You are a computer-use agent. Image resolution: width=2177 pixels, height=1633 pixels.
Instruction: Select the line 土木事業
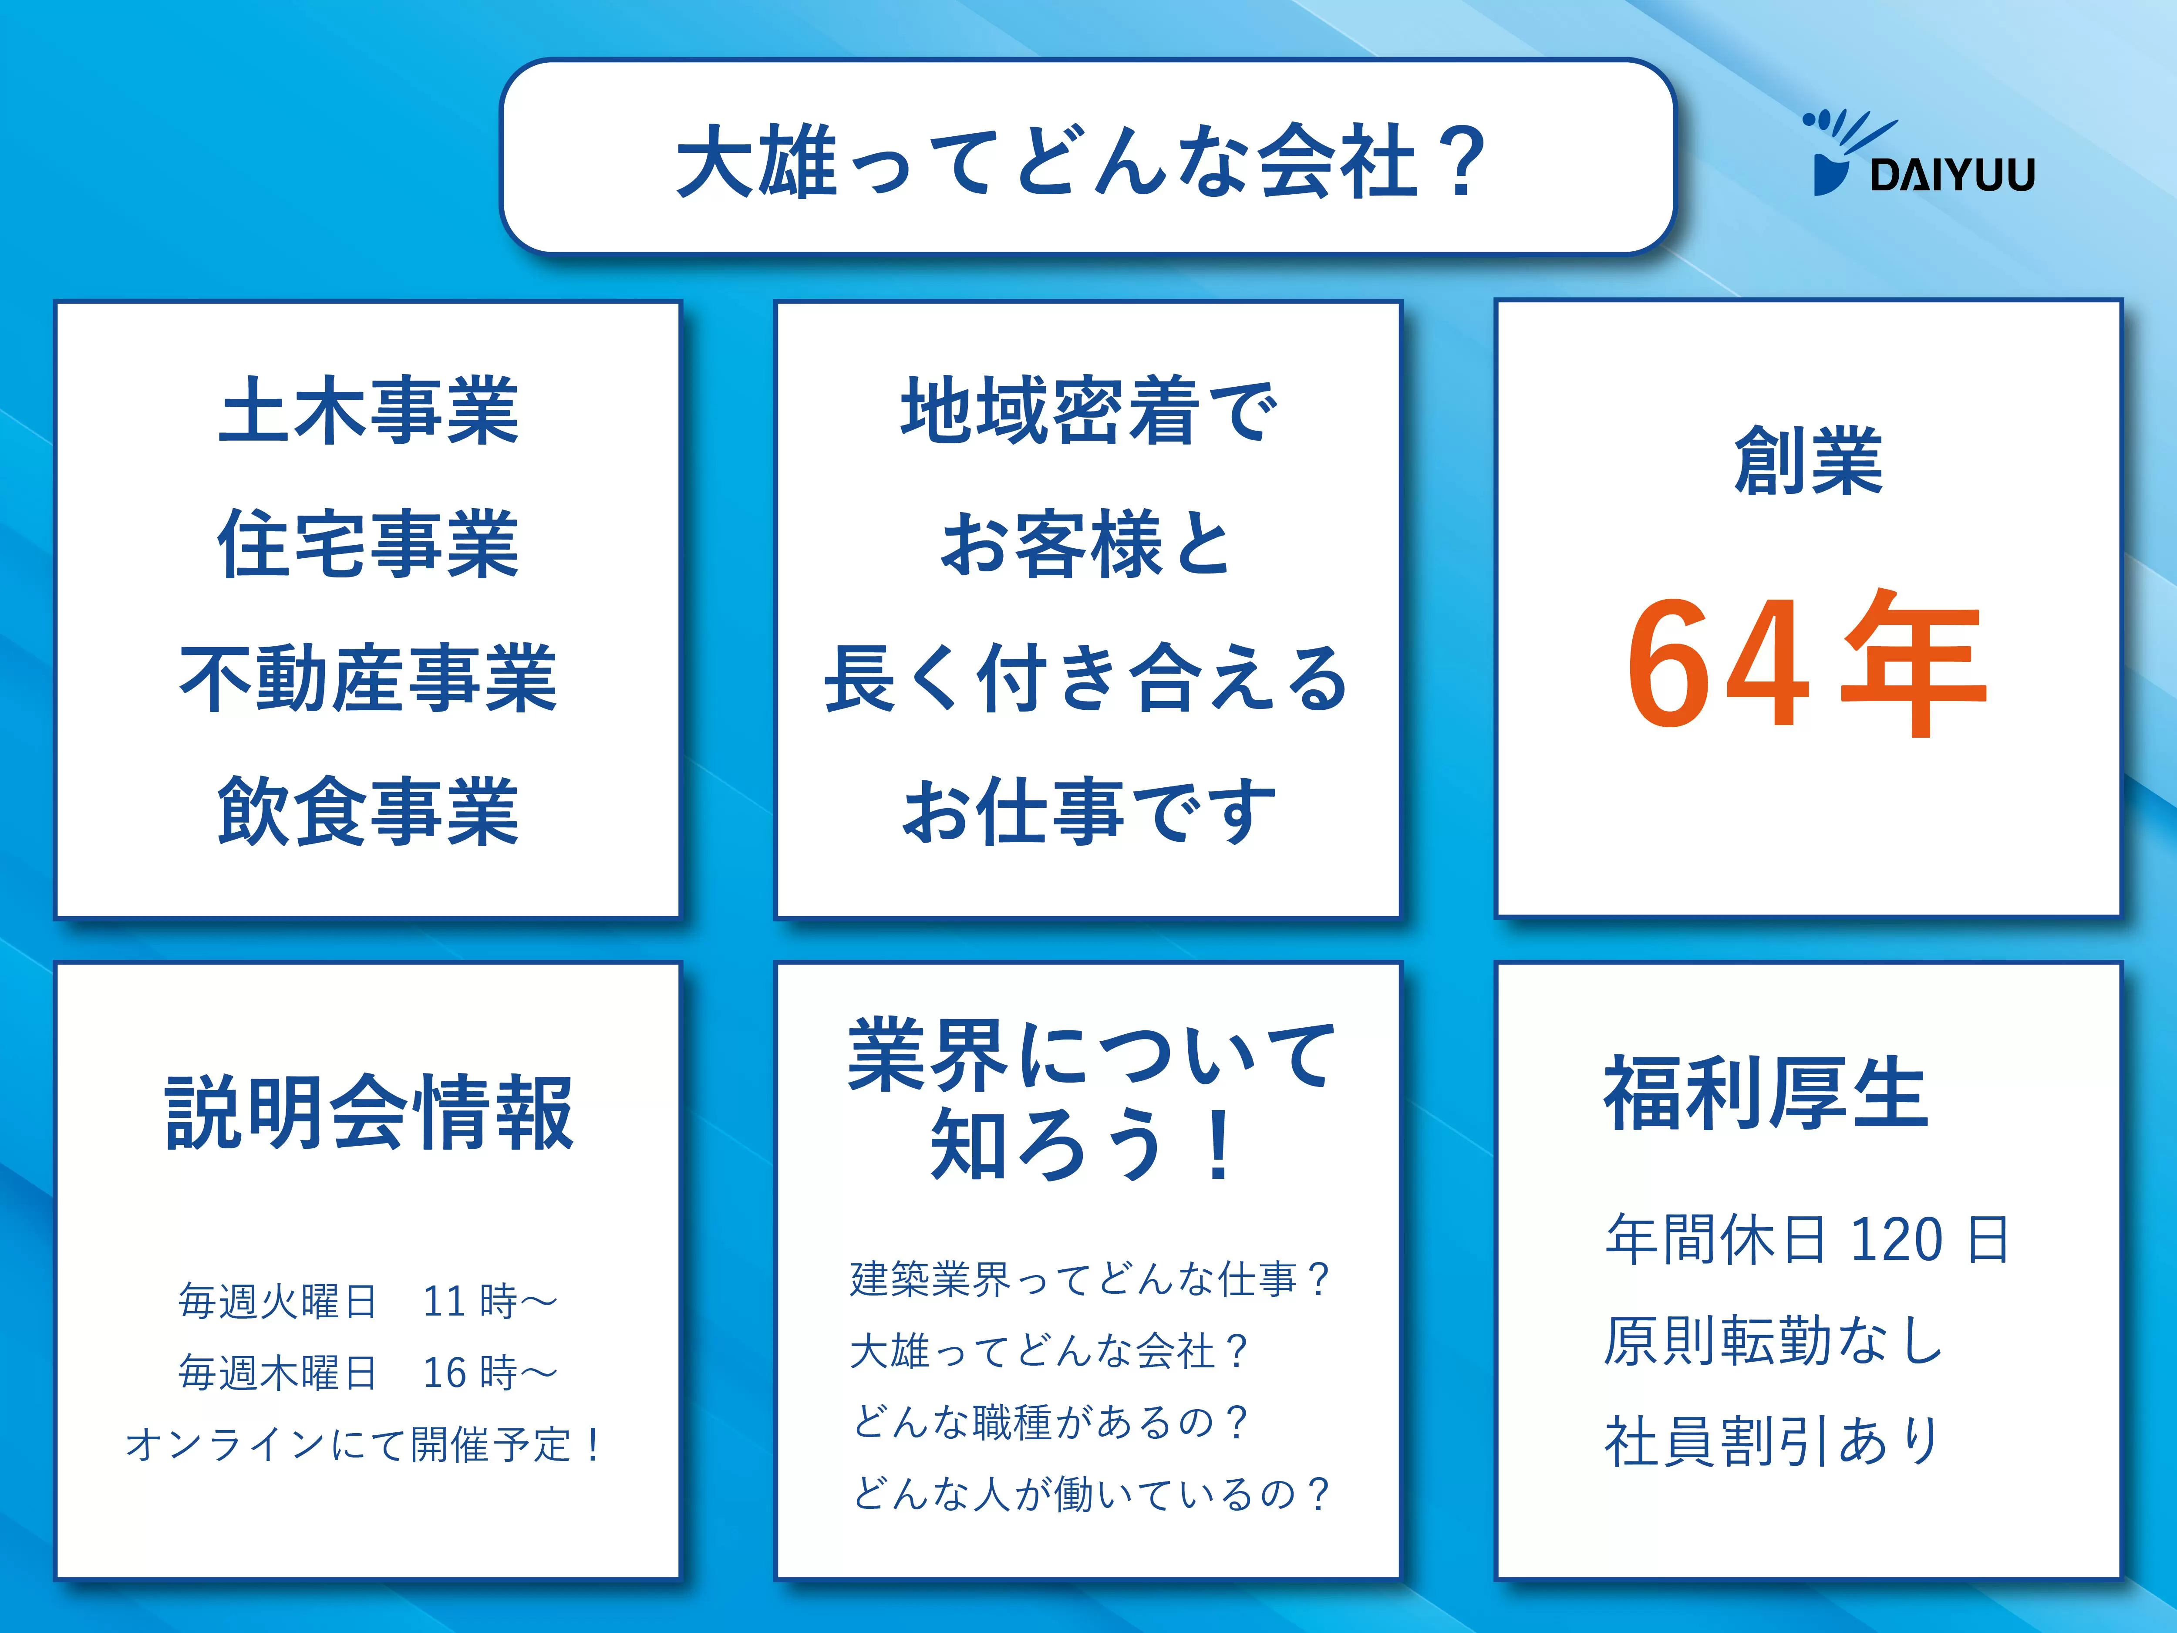pyautogui.click(x=368, y=411)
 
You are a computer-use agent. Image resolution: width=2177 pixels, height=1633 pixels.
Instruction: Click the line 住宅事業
pyautogui.click(x=368, y=544)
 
